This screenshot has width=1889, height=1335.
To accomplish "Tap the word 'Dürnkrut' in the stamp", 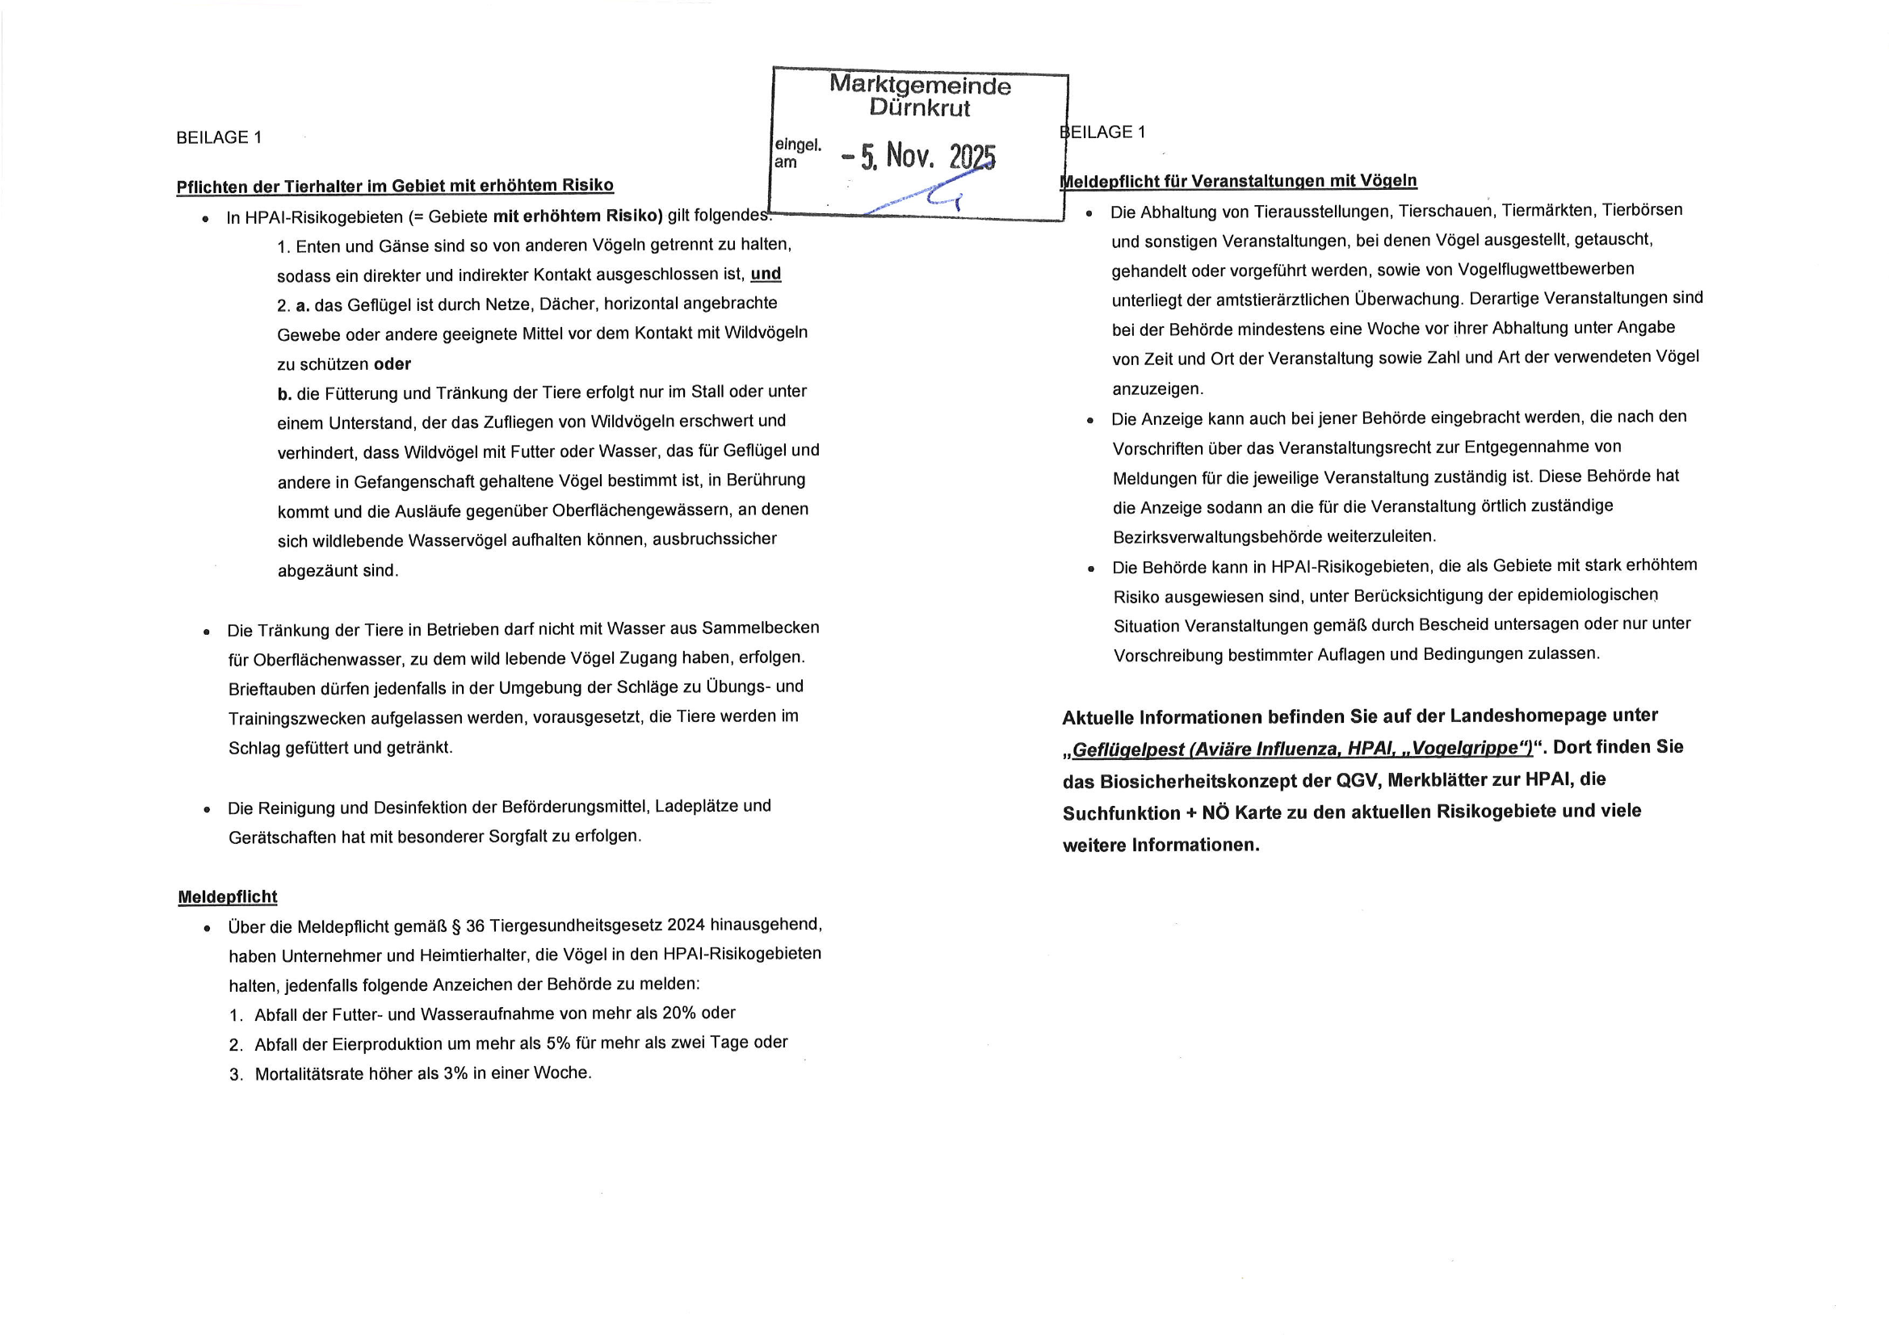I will [920, 107].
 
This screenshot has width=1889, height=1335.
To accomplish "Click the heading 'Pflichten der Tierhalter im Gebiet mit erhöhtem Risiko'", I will [395, 186].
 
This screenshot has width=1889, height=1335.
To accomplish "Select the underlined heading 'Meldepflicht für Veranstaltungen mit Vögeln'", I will [1238, 181].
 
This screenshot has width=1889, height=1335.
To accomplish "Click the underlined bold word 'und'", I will [765, 274].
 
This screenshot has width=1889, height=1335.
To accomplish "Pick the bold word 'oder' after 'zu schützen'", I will [392, 364].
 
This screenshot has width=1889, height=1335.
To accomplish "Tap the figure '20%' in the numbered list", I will [678, 1014].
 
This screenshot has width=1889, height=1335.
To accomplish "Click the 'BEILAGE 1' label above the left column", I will [219, 137].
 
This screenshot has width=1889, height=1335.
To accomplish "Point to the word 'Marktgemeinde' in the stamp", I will [920, 85].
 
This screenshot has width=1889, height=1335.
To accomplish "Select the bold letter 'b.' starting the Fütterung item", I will [284, 394].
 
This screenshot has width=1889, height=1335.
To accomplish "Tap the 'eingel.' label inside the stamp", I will [797, 145].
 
